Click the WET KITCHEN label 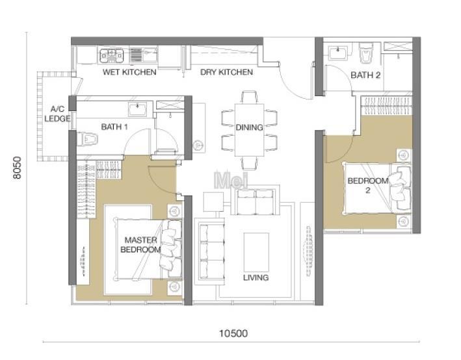click(129, 72)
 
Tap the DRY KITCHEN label click(226, 72)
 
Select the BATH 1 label click(114, 127)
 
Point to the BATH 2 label click(365, 75)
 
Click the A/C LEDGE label click(57, 114)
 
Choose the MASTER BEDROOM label click(141, 245)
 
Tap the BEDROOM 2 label click(368, 185)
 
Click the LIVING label click(256, 277)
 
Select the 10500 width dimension click(233, 333)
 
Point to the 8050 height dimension click(17, 168)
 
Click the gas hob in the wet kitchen click(111, 56)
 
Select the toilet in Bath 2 click(366, 53)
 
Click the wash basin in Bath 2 click(338, 53)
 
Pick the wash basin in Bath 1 click(138, 109)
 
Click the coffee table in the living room click(256, 252)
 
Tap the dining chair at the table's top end click(249, 97)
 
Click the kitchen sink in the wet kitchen click(144, 55)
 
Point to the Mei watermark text click(231, 180)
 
